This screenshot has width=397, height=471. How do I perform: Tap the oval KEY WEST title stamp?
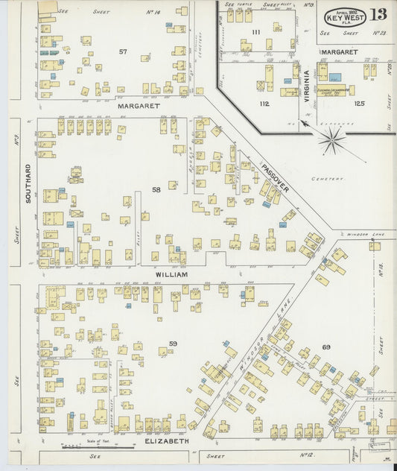coord(343,16)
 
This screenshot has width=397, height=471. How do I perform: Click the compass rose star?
coord(331,139)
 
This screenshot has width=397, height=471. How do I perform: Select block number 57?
coord(123,51)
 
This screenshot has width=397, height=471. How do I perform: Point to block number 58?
coord(156,190)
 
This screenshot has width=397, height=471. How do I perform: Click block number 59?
coord(173,343)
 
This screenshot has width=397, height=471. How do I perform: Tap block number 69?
coord(325,347)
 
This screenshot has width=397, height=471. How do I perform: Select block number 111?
coord(255,32)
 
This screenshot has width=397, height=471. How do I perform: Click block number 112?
coord(263,104)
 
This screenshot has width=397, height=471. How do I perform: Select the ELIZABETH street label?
coord(168,440)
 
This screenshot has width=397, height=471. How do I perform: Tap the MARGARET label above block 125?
coord(340,52)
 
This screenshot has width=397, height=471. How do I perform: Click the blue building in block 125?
coord(335,78)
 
